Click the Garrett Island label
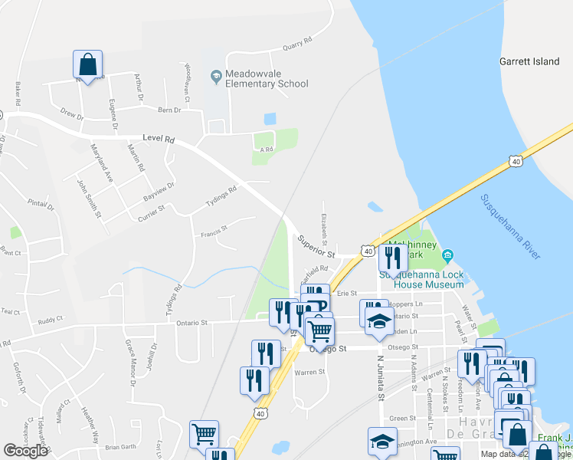[529, 61]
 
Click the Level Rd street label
[159, 140]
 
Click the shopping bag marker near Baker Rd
[88, 66]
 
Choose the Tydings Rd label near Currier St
[221, 197]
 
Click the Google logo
[26, 451]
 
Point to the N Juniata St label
[379, 376]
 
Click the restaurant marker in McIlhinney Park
[393, 258]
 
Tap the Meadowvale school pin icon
[216, 74]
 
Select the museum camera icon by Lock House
[449, 255]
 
